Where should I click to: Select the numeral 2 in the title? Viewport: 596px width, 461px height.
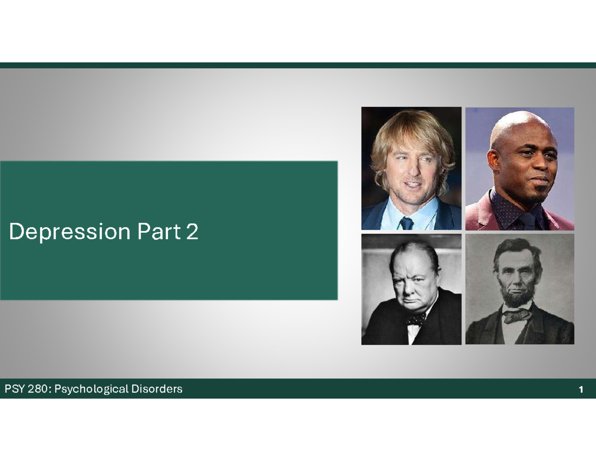point(192,232)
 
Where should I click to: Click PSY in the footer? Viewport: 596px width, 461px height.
point(14,389)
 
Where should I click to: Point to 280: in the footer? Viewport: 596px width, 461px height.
point(39,389)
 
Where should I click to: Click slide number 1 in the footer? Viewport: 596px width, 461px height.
point(580,389)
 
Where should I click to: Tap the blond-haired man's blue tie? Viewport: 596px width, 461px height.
point(407,223)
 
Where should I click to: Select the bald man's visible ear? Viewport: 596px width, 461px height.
point(493,159)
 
